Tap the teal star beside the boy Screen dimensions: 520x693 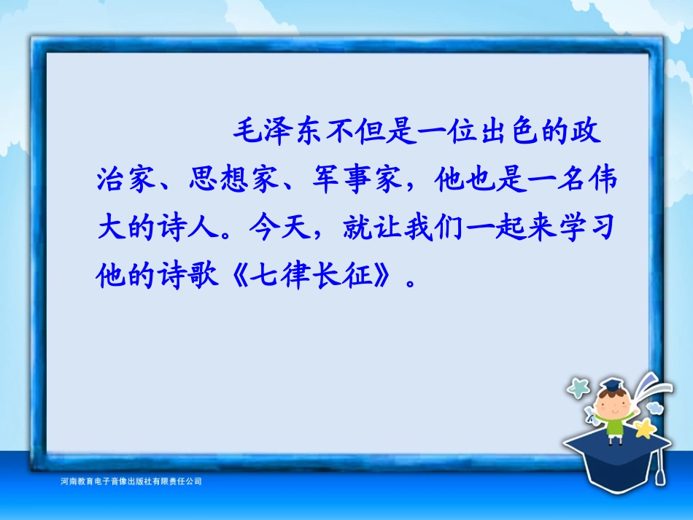tap(578, 388)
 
